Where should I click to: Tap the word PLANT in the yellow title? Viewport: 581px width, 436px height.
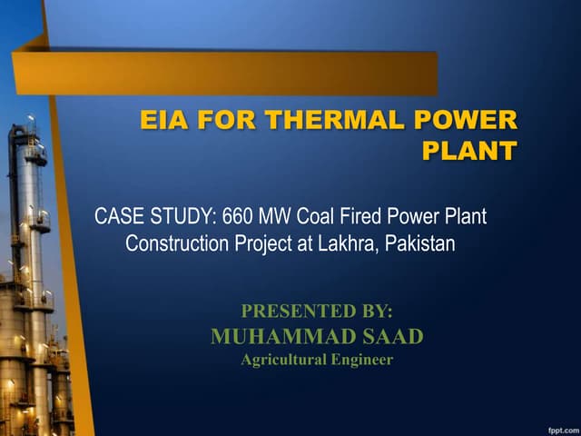tap(469, 151)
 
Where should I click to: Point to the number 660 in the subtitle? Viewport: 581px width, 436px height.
tap(236, 218)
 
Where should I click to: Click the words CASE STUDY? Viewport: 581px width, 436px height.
tap(154, 218)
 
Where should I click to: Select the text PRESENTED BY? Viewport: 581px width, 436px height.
tap(317, 312)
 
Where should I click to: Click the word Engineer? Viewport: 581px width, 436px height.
tap(363, 361)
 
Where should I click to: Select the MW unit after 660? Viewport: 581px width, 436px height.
tap(273, 218)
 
